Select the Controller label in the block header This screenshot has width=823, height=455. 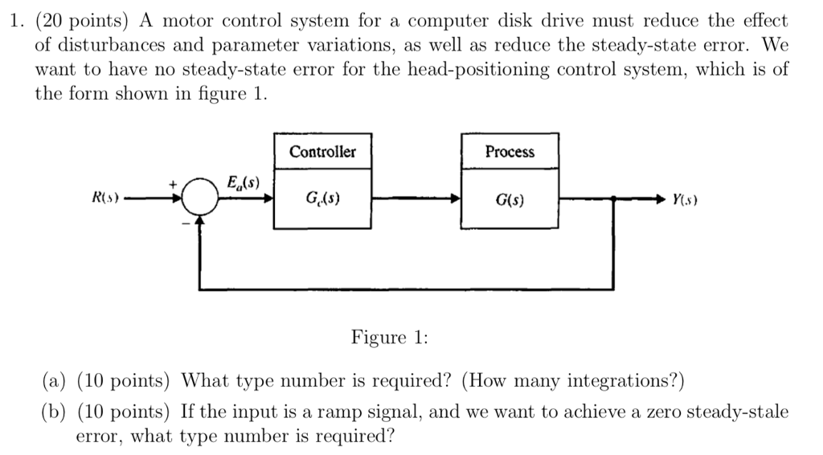pyautogui.click(x=322, y=152)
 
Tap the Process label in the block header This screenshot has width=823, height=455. pyautogui.click(x=510, y=152)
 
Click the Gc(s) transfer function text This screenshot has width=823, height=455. pyautogui.click(x=322, y=198)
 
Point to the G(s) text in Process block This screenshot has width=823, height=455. pyautogui.click(x=510, y=199)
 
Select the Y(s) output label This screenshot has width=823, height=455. pyautogui.click(x=684, y=199)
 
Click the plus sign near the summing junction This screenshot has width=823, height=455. pyautogui.click(x=172, y=184)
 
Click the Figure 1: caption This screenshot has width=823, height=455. pyautogui.click(x=389, y=338)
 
